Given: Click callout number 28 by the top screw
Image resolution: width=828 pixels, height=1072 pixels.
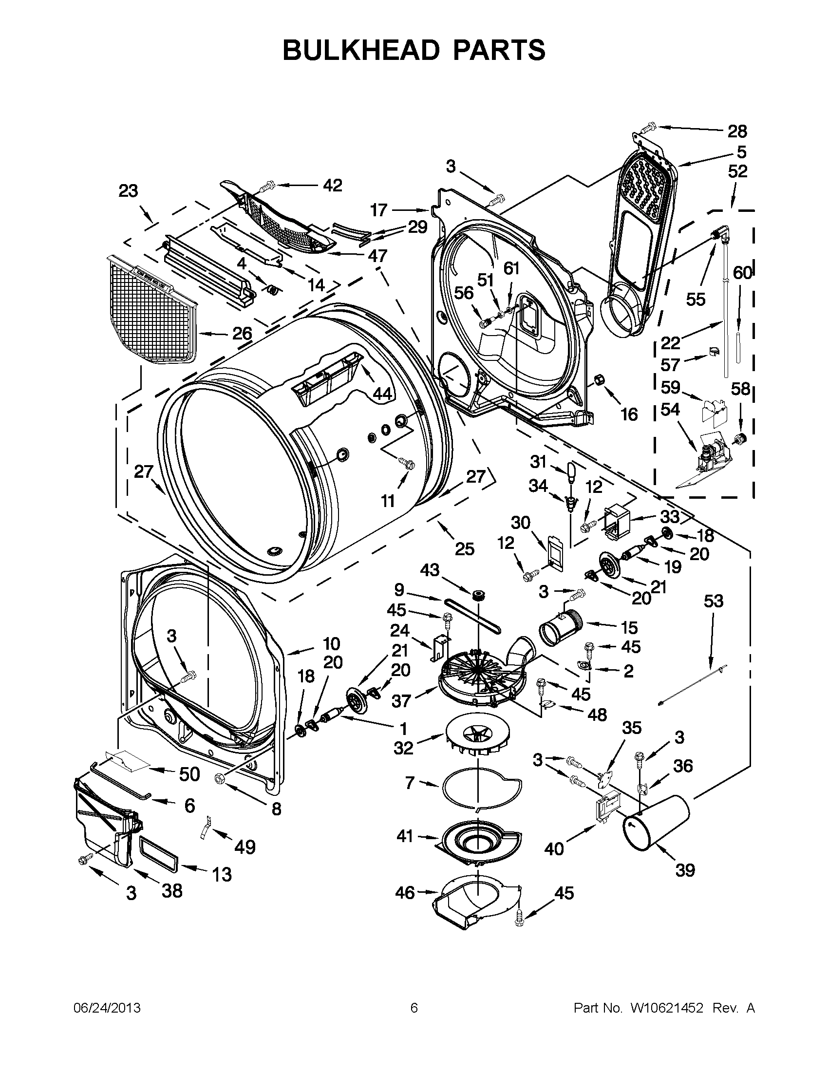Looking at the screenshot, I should pyautogui.click(x=737, y=131).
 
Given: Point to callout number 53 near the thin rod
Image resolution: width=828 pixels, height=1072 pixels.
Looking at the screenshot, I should pyautogui.click(x=713, y=601).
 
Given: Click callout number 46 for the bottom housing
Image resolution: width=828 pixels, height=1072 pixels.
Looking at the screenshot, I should pyautogui.click(x=405, y=892).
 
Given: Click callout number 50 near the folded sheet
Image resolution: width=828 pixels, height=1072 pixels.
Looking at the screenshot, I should pyautogui.click(x=189, y=774).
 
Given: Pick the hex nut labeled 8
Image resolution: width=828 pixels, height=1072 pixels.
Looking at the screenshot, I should pyautogui.click(x=220, y=777).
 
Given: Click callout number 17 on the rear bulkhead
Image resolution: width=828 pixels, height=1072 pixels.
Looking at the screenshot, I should pyautogui.click(x=378, y=210).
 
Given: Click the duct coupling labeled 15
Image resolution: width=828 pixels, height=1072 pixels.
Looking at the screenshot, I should pyautogui.click(x=560, y=627).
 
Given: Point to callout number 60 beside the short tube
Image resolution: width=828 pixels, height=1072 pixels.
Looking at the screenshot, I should pyautogui.click(x=742, y=273).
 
